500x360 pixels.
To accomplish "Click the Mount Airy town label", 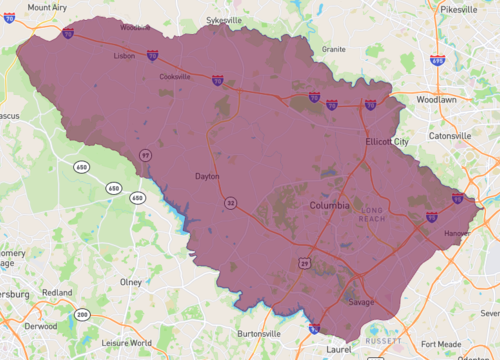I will click(x=47, y=7).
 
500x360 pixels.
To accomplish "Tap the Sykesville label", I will click(x=224, y=19).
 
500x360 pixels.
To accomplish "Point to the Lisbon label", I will click(x=123, y=56).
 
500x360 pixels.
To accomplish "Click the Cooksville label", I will click(x=175, y=76).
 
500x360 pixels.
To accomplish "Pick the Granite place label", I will click(x=334, y=48).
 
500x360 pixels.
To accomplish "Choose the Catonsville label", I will click(x=449, y=135).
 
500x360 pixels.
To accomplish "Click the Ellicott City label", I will click(x=388, y=142).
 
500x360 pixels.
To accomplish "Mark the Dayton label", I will click(x=206, y=176).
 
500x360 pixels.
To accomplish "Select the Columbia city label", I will click(x=329, y=205).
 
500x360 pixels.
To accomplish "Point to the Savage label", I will click(x=361, y=302).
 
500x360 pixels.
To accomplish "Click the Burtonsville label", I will click(x=259, y=333).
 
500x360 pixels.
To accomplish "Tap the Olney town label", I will click(x=131, y=282).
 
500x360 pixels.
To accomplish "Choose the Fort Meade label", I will click(x=441, y=343).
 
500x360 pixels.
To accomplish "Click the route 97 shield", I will click(x=146, y=155).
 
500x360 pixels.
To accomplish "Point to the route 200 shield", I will click(x=82, y=315).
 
